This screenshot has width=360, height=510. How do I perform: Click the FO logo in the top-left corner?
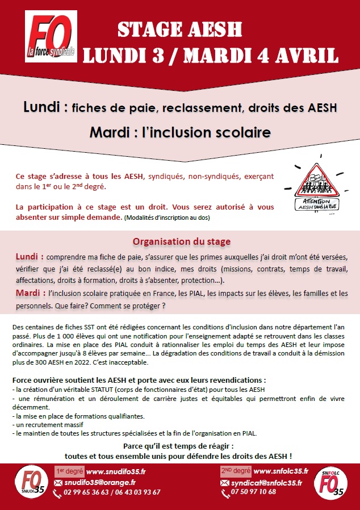51,38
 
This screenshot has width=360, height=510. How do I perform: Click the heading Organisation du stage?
182,241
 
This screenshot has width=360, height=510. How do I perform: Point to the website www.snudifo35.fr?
116,471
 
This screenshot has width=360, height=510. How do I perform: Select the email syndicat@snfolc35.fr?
270,482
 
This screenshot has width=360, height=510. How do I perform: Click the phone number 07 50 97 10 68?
254,492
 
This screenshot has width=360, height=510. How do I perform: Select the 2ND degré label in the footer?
235,471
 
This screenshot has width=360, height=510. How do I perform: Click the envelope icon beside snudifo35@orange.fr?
57,482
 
